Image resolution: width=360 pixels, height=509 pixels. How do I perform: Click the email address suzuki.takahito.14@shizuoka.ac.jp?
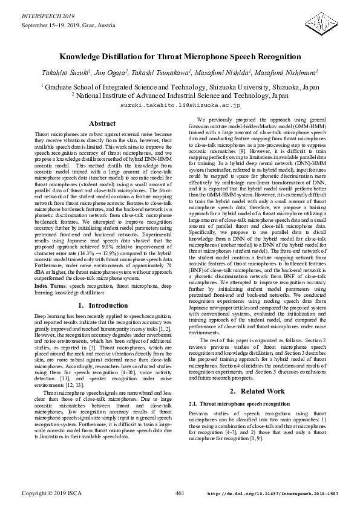coord(180,105)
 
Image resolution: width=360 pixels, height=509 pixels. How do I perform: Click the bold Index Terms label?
coord(51,285)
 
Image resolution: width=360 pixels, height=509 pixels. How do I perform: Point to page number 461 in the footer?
coord(180,493)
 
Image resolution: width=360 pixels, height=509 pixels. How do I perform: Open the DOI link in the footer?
coord(273,494)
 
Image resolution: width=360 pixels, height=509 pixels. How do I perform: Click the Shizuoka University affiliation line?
coord(180,86)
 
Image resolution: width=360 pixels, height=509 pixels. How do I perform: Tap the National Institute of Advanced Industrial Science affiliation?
coord(180,95)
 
